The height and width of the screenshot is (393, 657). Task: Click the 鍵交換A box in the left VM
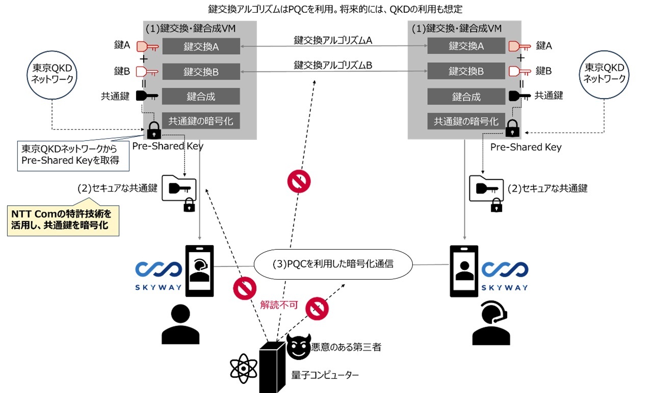coord(201,46)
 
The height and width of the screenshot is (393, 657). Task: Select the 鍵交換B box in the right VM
coord(466,71)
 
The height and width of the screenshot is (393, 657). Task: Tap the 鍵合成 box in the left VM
coord(201,96)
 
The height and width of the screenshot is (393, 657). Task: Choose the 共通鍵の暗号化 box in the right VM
coord(466,121)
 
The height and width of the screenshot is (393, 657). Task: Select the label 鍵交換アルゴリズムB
coord(332,65)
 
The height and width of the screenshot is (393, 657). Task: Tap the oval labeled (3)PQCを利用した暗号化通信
coord(333,264)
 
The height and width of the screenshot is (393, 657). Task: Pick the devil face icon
coord(298,348)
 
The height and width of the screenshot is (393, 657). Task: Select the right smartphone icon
coord(464,271)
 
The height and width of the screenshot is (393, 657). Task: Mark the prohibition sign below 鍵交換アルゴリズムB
coord(299,181)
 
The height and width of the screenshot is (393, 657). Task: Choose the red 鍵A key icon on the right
coord(520,46)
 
